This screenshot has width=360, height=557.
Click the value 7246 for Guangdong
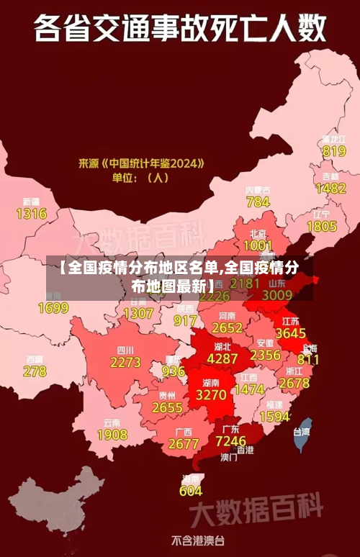[230, 440]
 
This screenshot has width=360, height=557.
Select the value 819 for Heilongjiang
[334, 151]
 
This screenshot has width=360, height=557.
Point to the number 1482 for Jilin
[330, 189]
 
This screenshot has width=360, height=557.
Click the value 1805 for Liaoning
[321, 227]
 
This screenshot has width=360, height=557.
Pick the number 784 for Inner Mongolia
[258, 202]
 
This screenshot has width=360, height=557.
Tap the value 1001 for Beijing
[258, 245]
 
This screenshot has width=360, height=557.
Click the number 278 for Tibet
[34, 371]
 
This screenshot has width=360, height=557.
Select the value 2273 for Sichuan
[125, 363]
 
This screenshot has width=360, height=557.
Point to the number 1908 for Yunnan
[112, 435]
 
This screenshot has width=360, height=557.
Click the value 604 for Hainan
[191, 491]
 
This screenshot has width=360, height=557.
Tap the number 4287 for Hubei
[222, 358]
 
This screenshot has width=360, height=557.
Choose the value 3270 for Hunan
[211, 395]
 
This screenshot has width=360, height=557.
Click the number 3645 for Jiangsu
[291, 333]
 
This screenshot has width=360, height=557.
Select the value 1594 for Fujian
[274, 417]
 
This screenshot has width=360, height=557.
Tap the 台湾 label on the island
[301, 433]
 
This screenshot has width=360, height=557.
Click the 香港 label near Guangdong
[245, 450]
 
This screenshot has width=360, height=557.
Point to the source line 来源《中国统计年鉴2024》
[141, 164]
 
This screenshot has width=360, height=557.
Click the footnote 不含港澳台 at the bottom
[198, 540]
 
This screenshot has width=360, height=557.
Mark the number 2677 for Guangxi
[183, 444]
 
